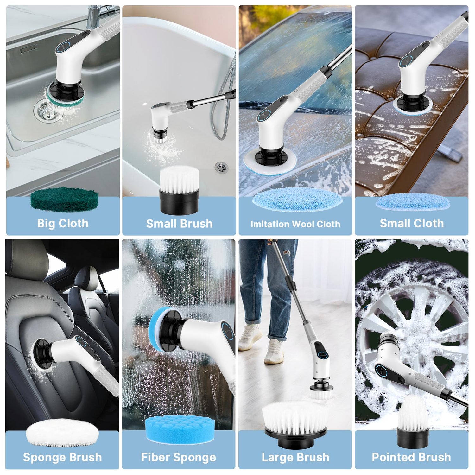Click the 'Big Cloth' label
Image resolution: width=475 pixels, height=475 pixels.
click(63, 223)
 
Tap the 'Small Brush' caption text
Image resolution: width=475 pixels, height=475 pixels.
click(179, 224)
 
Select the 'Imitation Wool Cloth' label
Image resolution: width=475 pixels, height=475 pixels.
click(295, 224)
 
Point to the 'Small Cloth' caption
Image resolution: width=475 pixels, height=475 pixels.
click(412, 223)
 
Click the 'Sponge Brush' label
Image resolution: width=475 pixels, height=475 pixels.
click(62, 457)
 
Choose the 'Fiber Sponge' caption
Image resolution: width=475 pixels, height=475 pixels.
click(179, 457)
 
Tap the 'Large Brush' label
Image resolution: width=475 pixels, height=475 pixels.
click(295, 457)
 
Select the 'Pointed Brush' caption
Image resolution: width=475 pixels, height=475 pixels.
click(411, 457)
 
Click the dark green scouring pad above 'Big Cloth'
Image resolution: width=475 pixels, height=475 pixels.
click(64, 199)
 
